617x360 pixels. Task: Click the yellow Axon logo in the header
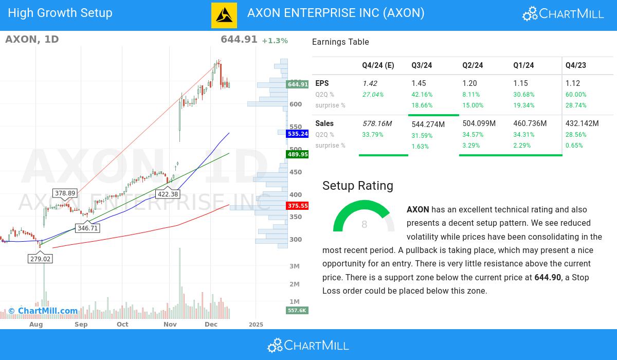click(x=224, y=15)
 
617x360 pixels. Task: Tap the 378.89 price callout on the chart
click(x=65, y=193)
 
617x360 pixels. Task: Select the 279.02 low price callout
click(x=40, y=259)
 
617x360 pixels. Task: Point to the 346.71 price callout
click(x=87, y=228)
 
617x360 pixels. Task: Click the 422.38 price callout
click(x=168, y=194)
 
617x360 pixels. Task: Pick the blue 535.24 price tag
click(x=298, y=134)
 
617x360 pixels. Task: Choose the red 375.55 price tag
click(x=298, y=206)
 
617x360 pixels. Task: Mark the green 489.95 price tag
click(x=298, y=154)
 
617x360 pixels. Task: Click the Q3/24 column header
click(x=422, y=65)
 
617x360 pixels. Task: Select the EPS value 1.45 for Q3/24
click(x=419, y=83)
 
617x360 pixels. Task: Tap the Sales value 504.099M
click(x=479, y=123)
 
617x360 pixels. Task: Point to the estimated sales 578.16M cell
click(x=377, y=123)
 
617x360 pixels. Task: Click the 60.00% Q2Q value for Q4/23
click(x=576, y=95)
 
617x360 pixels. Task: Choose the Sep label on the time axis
click(x=81, y=325)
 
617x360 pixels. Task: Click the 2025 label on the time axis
click(x=256, y=325)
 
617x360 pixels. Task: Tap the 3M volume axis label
click(x=295, y=266)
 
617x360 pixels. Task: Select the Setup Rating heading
click(x=358, y=186)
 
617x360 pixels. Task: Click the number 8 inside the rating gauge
click(x=365, y=225)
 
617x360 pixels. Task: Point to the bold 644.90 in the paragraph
click(x=548, y=278)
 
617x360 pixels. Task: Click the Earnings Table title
click(x=340, y=42)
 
